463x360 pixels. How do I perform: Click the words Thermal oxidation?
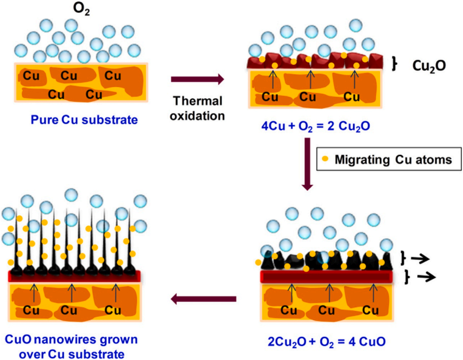pyautogui.click(x=197, y=108)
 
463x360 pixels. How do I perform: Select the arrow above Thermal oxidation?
pyautogui.click(x=197, y=79)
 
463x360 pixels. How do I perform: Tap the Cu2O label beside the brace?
pyautogui.click(x=429, y=66)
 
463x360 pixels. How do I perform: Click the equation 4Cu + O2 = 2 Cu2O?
pyautogui.click(x=316, y=126)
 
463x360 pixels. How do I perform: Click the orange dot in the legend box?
pyautogui.click(x=325, y=159)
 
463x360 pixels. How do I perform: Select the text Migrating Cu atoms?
pyautogui.click(x=393, y=159)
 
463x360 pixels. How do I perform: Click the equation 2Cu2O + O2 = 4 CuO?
pyautogui.click(x=326, y=342)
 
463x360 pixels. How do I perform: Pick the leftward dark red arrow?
pyautogui.click(x=203, y=299)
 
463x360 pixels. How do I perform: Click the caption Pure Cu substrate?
pyautogui.click(x=84, y=120)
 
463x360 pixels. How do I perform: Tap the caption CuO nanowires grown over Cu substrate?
pyautogui.click(x=72, y=347)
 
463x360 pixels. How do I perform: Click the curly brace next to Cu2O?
pyautogui.click(x=395, y=64)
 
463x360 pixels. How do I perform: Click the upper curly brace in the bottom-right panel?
pyautogui.click(x=403, y=258)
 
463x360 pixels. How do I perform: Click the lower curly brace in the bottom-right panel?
pyautogui.click(x=407, y=277)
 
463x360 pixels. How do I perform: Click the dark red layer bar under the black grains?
pyautogui.click(x=326, y=277)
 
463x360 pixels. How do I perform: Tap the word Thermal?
pyautogui.click(x=197, y=101)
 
